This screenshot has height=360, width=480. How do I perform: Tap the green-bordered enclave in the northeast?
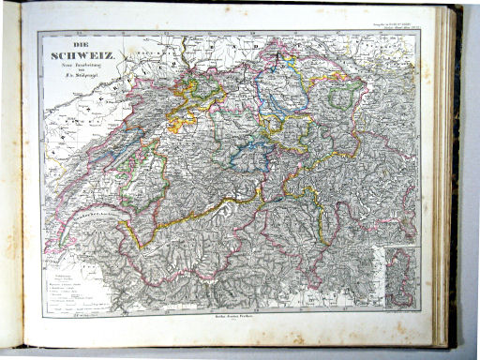click(x=348, y=94)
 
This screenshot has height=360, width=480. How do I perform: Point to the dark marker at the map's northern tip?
click(x=278, y=58)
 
